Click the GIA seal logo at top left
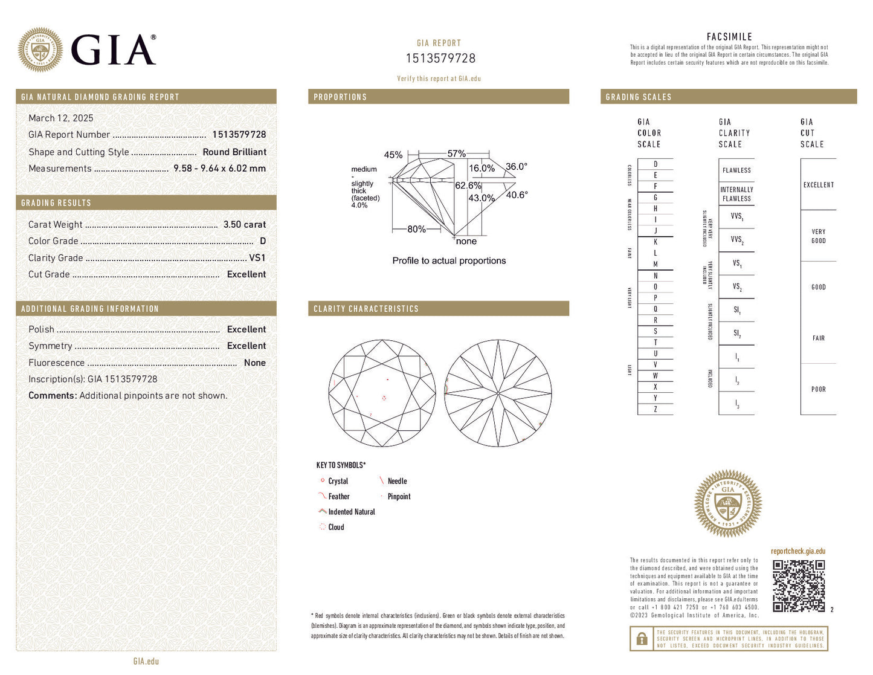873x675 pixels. (40, 50)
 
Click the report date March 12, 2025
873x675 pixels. (61, 118)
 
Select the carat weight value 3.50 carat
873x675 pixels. (244, 225)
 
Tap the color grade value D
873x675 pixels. (263, 241)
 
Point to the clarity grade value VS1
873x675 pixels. (257, 258)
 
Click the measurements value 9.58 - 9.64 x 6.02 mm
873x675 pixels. (219, 169)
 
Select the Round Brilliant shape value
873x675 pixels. (234, 152)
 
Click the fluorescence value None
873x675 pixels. (254, 363)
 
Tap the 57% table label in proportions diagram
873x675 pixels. (456, 154)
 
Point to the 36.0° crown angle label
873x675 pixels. (517, 167)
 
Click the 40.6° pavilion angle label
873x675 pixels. (517, 195)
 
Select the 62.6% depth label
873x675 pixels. (468, 186)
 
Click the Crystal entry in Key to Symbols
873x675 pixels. (338, 482)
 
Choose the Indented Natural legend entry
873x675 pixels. (351, 512)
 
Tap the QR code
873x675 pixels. (799, 586)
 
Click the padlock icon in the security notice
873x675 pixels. (642, 639)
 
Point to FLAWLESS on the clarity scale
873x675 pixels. (736, 170)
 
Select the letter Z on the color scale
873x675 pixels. (656, 410)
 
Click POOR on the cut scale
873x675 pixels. (819, 390)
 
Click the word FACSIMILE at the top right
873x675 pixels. (729, 37)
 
